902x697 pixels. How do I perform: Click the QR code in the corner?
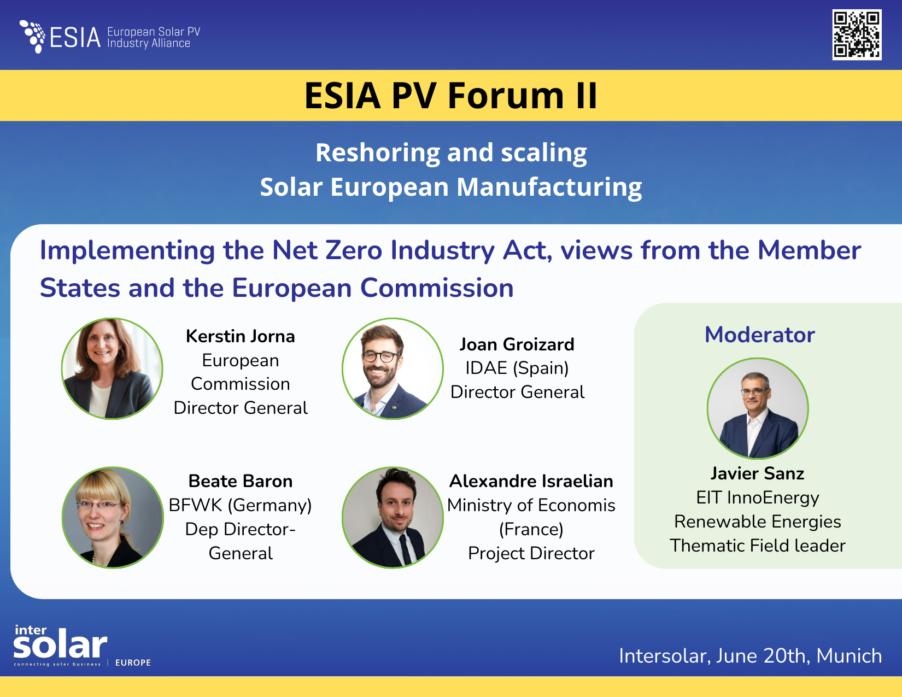(857, 34)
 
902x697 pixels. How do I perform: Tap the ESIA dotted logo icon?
(33, 36)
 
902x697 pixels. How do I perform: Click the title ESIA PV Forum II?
(450, 96)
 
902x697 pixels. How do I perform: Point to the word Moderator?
(759, 335)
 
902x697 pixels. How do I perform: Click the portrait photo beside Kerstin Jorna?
(112, 369)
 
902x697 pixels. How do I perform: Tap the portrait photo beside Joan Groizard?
(393, 369)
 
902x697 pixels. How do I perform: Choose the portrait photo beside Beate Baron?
(113, 517)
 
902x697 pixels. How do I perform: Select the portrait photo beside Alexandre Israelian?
(393, 517)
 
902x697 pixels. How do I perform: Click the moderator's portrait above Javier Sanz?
(757, 408)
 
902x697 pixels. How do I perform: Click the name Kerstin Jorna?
(241, 336)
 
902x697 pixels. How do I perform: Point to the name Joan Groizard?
(517, 344)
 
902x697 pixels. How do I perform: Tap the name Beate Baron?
(241, 481)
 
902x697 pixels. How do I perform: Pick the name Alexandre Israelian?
(531, 481)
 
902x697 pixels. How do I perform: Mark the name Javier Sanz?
(757, 473)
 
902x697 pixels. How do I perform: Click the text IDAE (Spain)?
(517, 368)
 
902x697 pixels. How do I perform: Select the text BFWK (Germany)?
(241, 505)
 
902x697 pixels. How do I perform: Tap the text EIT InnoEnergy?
(757, 497)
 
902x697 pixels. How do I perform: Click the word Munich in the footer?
(848, 655)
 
